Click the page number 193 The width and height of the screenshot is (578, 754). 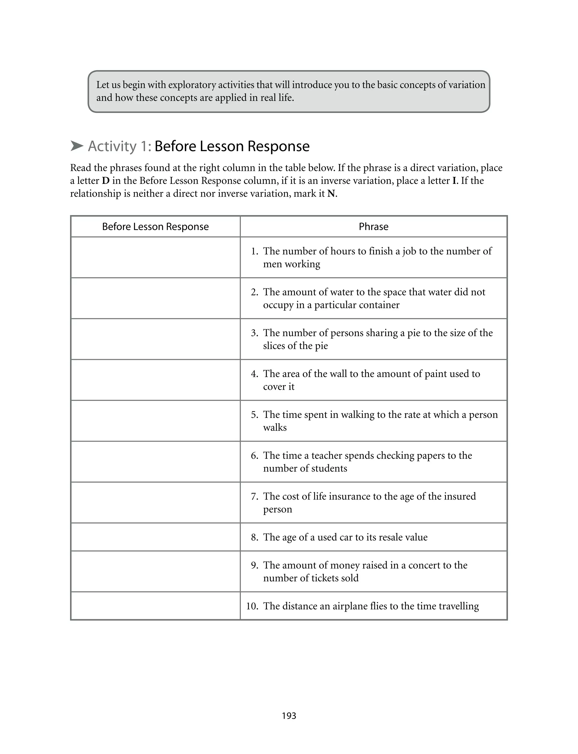[289, 716]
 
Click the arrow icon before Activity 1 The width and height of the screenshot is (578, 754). [77, 146]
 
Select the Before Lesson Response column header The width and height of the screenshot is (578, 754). [155, 227]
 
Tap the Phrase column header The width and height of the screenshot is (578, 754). [373, 227]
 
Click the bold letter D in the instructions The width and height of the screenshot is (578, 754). [105, 181]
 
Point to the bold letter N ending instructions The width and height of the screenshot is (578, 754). [331, 194]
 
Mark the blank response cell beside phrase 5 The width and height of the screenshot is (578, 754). [155, 421]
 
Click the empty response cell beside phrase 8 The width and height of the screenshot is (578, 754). [155, 537]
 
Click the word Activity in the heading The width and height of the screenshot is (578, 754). [112, 146]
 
